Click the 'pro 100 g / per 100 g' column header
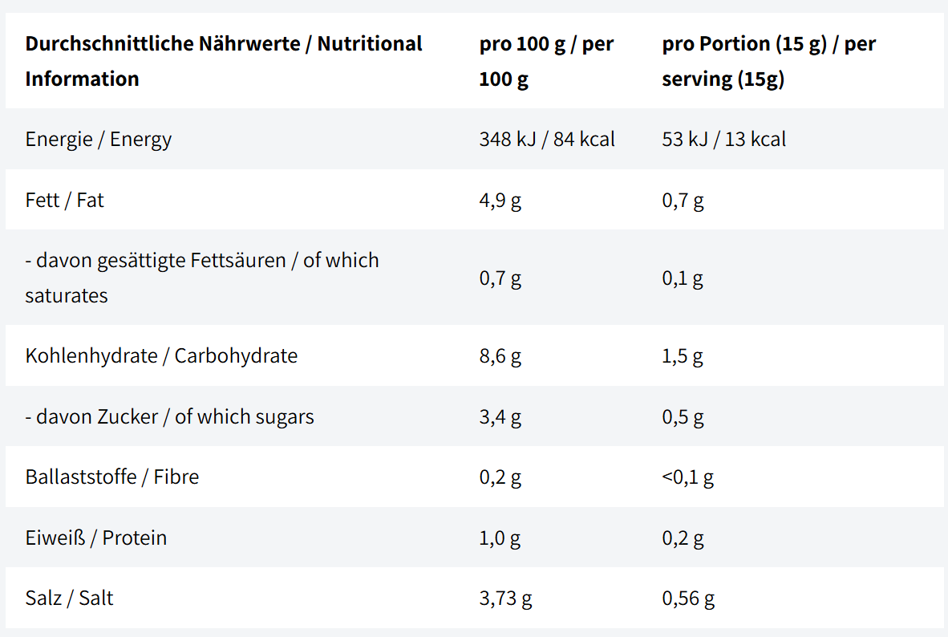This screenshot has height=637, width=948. click(546, 61)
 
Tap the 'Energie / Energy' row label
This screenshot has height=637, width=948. click(99, 140)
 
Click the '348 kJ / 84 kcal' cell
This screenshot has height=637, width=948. click(547, 139)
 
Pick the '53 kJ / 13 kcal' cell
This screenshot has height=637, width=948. click(723, 139)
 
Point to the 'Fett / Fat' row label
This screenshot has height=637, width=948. click(65, 200)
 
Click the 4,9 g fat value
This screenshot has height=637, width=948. click(500, 201)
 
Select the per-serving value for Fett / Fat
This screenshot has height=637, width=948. click(683, 201)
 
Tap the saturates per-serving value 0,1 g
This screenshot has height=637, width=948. click(683, 278)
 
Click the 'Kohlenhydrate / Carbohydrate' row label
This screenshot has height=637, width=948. click(161, 355)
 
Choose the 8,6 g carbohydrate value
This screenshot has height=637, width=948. click(500, 356)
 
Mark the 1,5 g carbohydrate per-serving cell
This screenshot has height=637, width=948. click(683, 356)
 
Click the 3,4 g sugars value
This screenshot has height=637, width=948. click(500, 417)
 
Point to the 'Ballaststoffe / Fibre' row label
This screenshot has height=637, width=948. click(112, 477)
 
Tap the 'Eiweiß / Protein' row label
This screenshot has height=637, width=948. click(96, 538)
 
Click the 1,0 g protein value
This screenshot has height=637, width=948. click(500, 538)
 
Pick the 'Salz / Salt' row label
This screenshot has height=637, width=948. click(70, 598)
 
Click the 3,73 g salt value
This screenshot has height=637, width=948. click(505, 598)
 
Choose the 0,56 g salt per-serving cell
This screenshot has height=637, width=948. click(689, 598)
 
